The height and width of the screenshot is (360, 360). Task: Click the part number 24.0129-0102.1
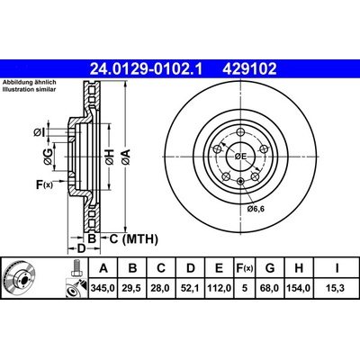click(x=147, y=69)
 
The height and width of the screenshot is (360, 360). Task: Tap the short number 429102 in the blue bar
click(x=249, y=69)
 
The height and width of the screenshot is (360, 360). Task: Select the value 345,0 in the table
click(x=103, y=288)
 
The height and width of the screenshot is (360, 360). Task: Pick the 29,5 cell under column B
click(x=131, y=288)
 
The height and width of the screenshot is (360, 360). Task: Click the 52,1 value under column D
click(x=190, y=288)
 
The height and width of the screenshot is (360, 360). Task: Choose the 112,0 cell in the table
click(x=220, y=288)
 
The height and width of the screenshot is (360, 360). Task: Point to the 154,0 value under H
click(x=299, y=288)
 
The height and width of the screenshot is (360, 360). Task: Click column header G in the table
click(x=270, y=268)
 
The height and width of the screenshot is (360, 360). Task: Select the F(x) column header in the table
click(x=245, y=268)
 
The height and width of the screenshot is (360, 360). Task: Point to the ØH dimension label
click(x=110, y=157)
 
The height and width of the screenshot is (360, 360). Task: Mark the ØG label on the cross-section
click(x=48, y=157)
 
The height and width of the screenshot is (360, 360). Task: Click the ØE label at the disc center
click(x=240, y=157)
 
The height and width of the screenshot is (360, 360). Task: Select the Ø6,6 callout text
click(x=256, y=209)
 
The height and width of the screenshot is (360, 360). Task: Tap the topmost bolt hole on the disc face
click(x=240, y=132)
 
